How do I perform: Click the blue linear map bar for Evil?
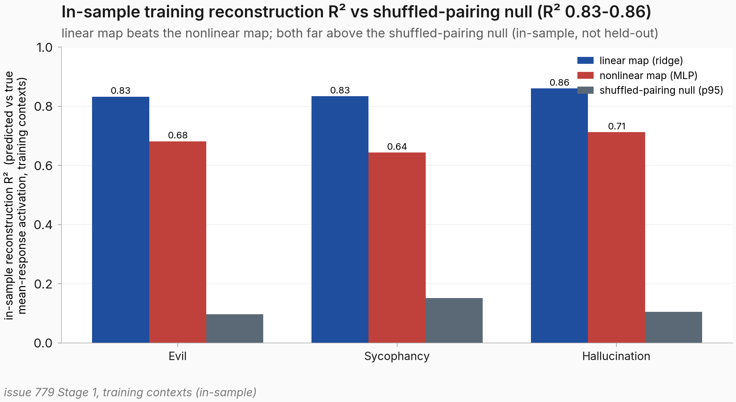pyautogui.click(x=121, y=220)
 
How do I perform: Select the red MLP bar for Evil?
pyautogui.click(x=178, y=242)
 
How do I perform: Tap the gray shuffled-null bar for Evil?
pyautogui.click(x=235, y=328)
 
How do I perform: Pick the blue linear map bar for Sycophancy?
pyautogui.click(x=340, y=219)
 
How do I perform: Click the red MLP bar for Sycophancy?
pyautogui.click(x=397, y=247)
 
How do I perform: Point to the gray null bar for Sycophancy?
pyautogui.click(x=454, y=320)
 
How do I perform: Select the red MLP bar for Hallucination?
pyautogui.click(x=616, y=237)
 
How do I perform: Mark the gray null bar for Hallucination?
pyautogui.click(x=674, y=327)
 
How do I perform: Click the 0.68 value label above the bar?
pyautogui.click(x=178, y=135)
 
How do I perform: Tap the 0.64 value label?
pyautogui.click(x=397, y=146)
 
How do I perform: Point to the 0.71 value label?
pyautogui.click(x=617, y=126)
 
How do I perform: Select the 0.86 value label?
pyautogui.click(x=559, y=82)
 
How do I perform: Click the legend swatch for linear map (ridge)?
pyautogui.click(x=586, y=61)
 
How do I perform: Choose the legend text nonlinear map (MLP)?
pyautogui.click(x=648, y=75)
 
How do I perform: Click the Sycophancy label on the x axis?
pyautogui.click(x=397, y=356)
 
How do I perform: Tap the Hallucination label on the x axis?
pyautogui.click(x=616, y=356)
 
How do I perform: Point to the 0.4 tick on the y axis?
pyautogui.click(x=43, y=225)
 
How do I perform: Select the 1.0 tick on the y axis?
pyautogui.click(x=44, y=47)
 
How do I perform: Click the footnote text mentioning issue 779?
pyautogui.click(x=130, y=392)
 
